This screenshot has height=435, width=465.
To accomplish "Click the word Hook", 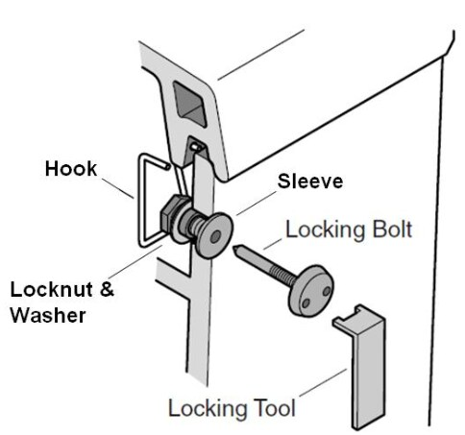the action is [71, 168].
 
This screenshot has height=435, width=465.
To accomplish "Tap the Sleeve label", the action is [310, 181].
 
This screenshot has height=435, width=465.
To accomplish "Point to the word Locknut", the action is [52, 289].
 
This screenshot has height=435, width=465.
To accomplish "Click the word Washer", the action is [48, 315].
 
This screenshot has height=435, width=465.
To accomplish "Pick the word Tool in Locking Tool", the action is [275, 408].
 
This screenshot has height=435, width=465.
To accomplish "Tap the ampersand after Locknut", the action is [107, 289].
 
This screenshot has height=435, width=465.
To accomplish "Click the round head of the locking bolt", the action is [311, 291].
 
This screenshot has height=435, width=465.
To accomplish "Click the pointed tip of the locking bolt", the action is [235, 248].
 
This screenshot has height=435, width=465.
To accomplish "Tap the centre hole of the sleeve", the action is [215, 237].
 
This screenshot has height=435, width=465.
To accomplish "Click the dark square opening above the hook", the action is [189, 103].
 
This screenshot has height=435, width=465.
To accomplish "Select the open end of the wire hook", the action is [166, 166].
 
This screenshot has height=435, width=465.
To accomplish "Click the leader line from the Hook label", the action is [117, 188].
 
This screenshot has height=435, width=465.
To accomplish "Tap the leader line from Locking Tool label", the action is [323, 383].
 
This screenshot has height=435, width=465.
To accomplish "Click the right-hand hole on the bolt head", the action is [327, 291].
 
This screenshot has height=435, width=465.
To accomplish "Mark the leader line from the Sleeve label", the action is [256, 204].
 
